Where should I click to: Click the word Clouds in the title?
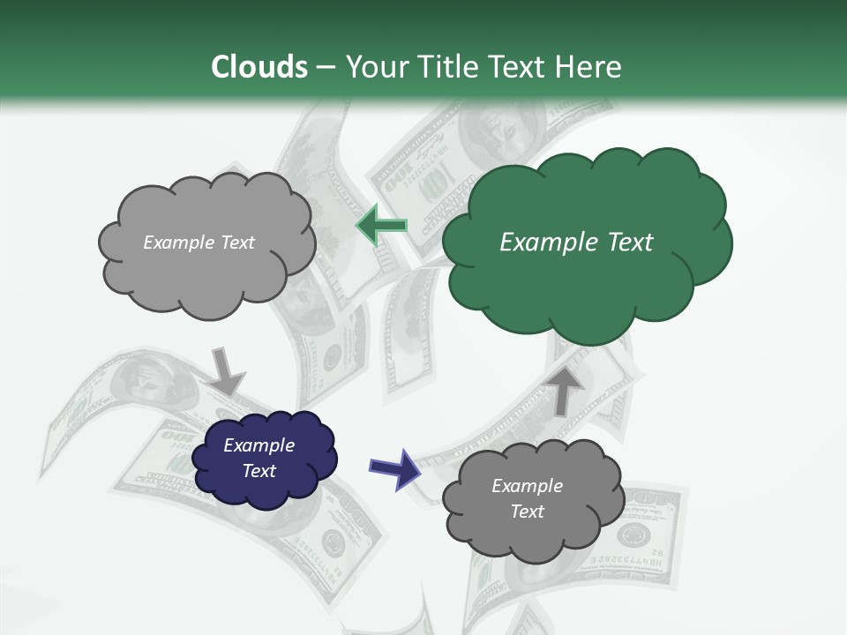[x=259, y=67]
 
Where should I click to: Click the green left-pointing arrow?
[x=381, y=226]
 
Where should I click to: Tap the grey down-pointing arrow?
[x=227, y=371]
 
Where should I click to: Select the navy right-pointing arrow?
[x=394, y=468]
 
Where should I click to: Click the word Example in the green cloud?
[x=539, y=243]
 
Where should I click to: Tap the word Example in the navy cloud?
[x=259, y=445]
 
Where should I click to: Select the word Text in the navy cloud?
[x=259, y=471]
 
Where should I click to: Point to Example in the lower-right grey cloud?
[x=527, y=486]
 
